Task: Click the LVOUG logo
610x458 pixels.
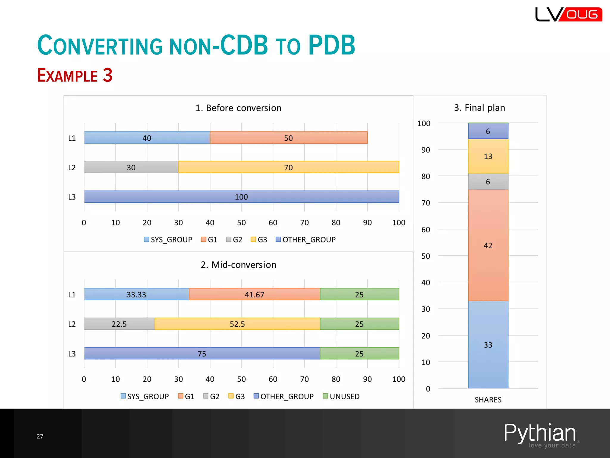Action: (568, 14)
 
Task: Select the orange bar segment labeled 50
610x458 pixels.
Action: (288, 138)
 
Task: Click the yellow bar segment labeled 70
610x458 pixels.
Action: (288, 167)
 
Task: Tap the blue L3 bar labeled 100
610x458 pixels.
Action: (241, 197)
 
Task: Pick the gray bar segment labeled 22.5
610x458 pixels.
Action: (119, 324)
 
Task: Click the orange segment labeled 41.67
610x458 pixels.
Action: (254, 294)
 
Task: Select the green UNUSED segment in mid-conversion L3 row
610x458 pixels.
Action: (359, 353)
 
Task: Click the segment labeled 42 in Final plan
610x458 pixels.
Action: (488, 245)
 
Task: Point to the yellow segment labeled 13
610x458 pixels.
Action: (488, 156)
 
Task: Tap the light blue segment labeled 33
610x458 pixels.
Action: (488, 345)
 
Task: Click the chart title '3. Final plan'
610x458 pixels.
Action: (479, 107)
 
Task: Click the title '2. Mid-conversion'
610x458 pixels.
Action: (238, 264)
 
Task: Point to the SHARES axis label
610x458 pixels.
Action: (488, 400)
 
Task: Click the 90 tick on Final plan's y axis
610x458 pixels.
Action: (425, 150)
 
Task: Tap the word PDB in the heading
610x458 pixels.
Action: (332, 45)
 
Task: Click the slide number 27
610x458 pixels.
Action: (40, 436)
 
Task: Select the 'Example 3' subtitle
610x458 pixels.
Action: (75, 75)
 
